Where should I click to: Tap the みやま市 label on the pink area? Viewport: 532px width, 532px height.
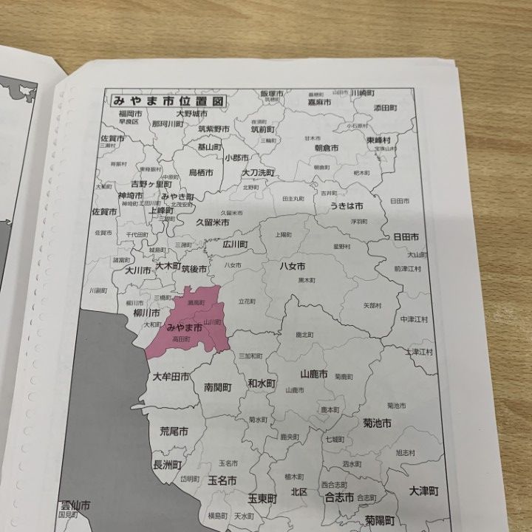point(185,327)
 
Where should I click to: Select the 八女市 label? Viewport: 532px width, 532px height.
point(292,266)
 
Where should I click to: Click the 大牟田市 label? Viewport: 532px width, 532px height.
point(171,377)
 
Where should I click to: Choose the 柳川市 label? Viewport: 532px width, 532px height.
point(144,313)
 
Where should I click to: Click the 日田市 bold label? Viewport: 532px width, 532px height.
point(406,237)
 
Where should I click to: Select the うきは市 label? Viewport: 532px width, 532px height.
point(348,205)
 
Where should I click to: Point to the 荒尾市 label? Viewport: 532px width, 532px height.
point(174,431)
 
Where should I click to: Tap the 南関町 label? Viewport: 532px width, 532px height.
point(218,387)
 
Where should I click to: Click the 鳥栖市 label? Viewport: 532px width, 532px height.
point(201,172)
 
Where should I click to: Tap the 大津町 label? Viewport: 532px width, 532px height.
point(424,491)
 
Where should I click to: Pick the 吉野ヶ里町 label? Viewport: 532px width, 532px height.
point(147,184)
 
